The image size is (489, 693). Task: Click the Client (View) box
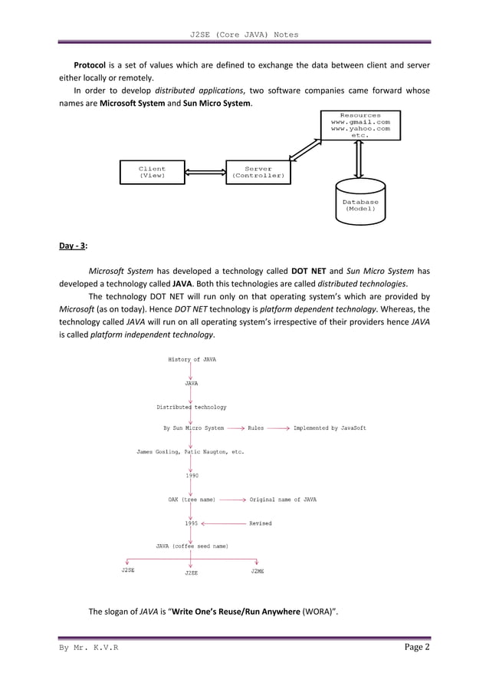click(152, 172)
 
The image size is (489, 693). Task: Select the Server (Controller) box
click(258, 172)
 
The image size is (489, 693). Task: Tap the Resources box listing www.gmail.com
click(359, 125)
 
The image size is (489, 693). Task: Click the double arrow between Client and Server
click(205, 172)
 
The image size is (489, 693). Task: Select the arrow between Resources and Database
click(359, 160)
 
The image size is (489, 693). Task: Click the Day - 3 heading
click(74, 246)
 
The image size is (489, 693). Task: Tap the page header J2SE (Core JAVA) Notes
click(244, 35)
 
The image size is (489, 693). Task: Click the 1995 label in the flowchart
click(192, 523)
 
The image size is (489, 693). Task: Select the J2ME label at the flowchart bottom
click(258, 571)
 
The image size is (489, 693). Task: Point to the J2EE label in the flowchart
click(192, 573)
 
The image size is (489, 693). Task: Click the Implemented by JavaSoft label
click(330, 428)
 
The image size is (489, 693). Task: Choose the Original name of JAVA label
click(283, 500)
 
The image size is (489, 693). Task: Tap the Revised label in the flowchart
click(260, 523)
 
